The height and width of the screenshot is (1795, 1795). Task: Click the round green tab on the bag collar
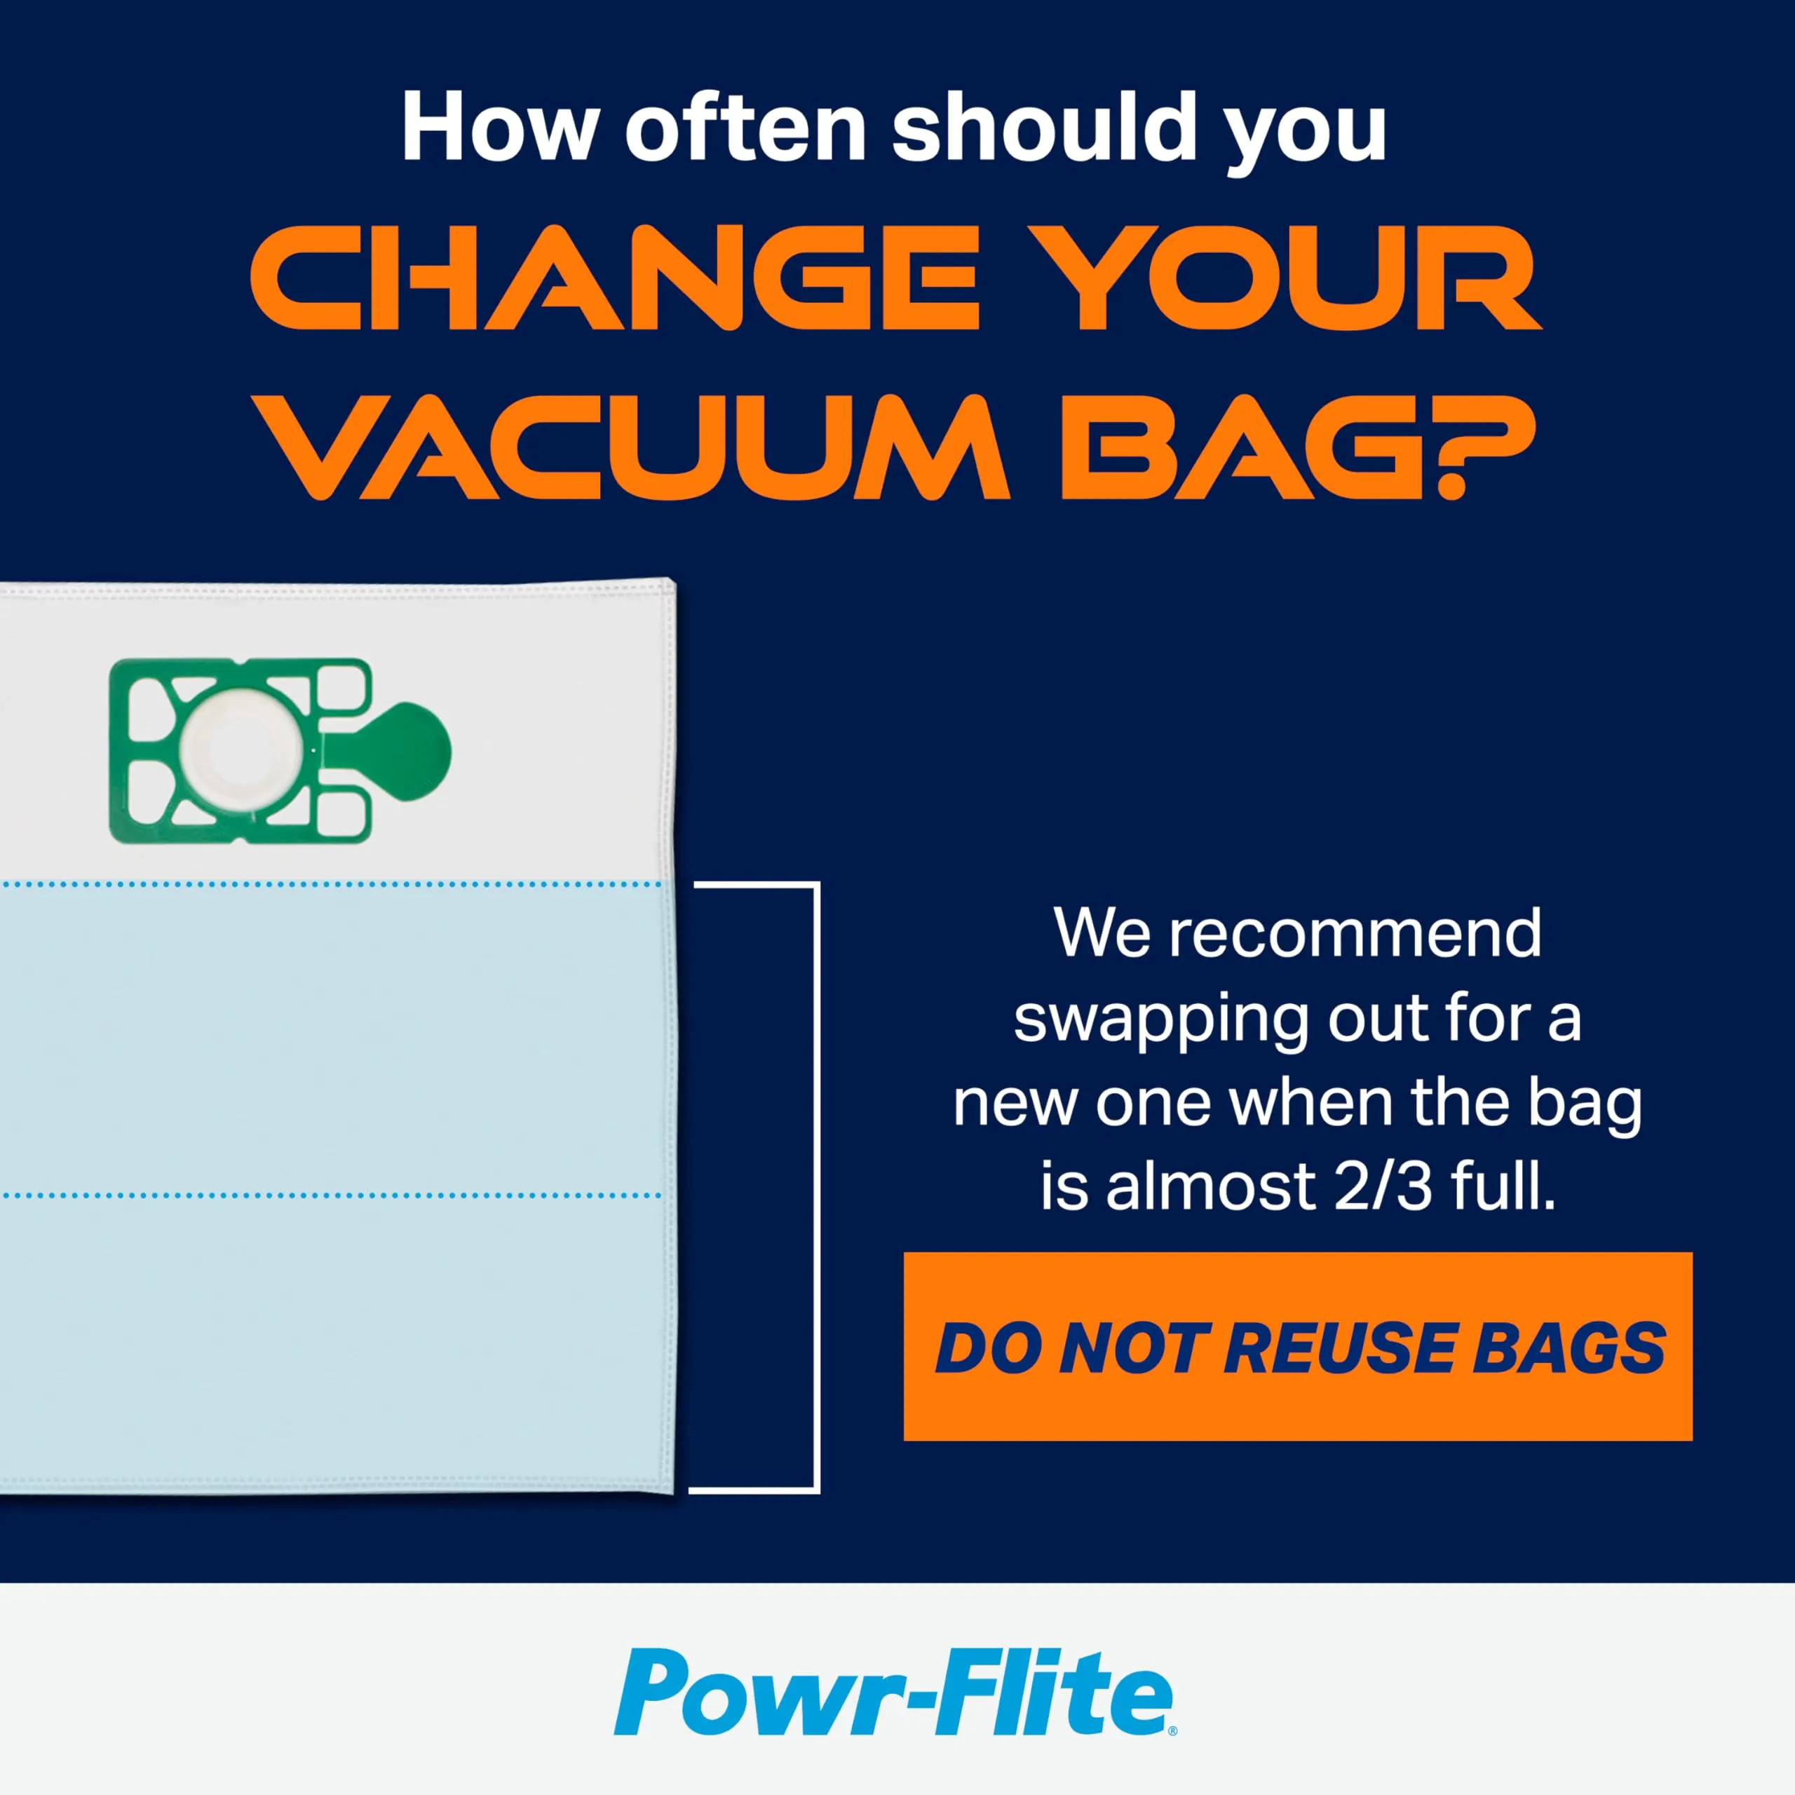[x=409, y=751]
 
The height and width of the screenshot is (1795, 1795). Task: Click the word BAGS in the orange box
[x=1569, y=1348]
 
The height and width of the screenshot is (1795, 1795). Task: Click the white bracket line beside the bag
[x=817, y=1189]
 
